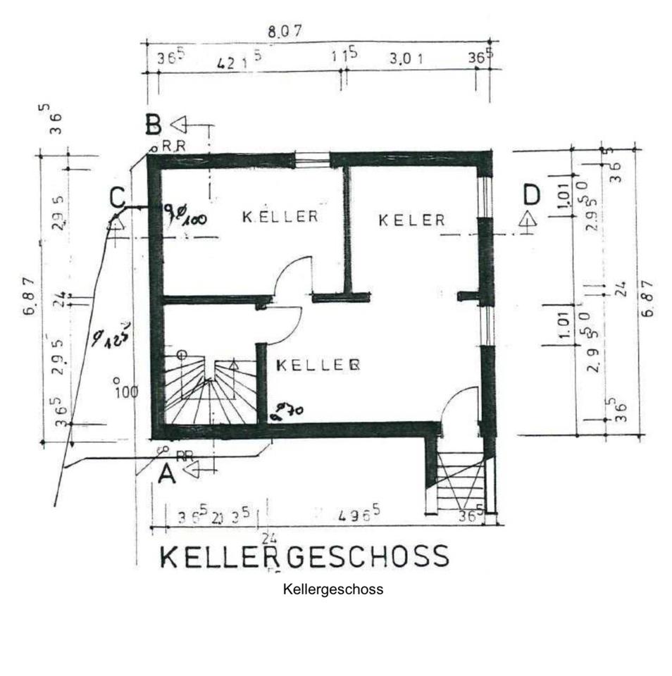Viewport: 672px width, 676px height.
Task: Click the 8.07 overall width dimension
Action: pos(285,31)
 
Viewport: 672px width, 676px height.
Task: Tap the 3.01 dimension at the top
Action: pos(406,59)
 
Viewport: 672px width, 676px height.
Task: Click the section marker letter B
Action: pos(154,125)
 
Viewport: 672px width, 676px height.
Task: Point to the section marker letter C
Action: pos(118,197)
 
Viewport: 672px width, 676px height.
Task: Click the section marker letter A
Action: pos(166,475)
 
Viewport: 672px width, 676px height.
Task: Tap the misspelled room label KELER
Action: pos(412,220)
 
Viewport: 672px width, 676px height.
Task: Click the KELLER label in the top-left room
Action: pos(280,216)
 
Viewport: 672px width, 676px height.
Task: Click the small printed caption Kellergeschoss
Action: pos(333,589)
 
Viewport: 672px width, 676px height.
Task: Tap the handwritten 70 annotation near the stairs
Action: pos(287,410)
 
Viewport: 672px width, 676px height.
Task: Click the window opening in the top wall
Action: pos(313,160)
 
